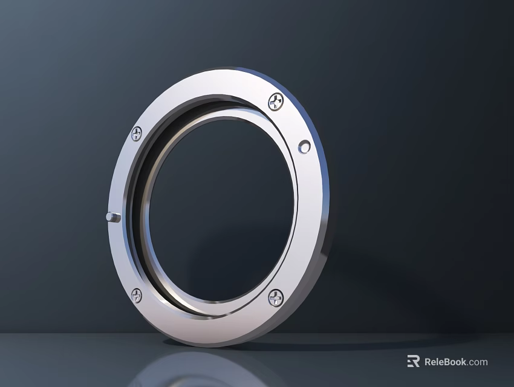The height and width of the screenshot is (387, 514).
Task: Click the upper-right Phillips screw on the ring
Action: click(276, 102)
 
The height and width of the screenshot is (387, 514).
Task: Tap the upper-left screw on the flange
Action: click(137, 133)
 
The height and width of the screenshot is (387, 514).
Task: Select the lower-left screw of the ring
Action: click(137, 296)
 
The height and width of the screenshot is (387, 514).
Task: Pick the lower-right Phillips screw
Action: click(275, 297)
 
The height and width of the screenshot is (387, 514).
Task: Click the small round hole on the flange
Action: click(305, 146)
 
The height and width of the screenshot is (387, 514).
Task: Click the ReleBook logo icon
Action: click(414, 362)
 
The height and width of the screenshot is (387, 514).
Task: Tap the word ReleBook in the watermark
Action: click(445, 362)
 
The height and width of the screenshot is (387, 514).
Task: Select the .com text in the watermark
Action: click(477, 362)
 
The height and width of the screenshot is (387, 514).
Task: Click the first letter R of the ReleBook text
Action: click(428, 362)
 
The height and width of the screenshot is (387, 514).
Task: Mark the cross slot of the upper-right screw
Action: click(276, 102)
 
